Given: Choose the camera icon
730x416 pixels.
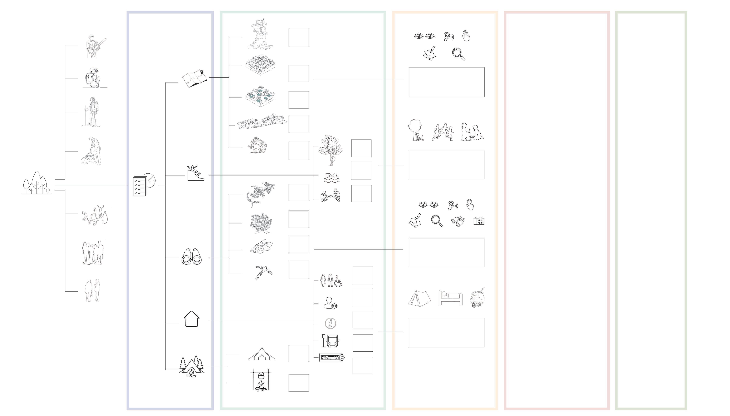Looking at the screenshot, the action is (479, 221).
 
